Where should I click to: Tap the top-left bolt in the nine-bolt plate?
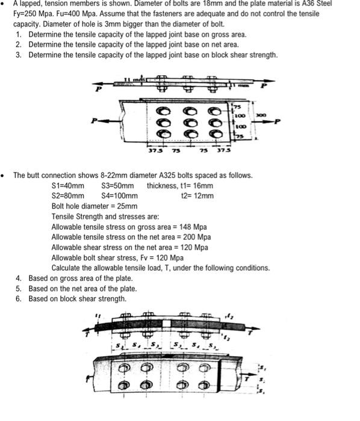point(163,111)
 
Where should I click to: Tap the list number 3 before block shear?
point(19,55)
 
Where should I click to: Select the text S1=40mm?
point(67,185)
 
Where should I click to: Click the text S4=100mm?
point(120,195)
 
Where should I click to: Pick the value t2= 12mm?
point(197,195)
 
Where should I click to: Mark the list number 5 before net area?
point(19,289)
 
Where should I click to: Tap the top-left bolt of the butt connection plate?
point(126,367)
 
